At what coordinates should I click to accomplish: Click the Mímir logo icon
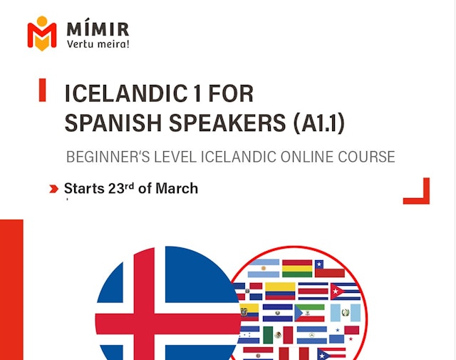[x=41, y=33]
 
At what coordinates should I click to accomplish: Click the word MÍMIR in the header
[x=98, y=30]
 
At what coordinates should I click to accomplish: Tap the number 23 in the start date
[x=114, y=189]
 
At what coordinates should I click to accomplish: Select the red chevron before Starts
[x=53, y=189]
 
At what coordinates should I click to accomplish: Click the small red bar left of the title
[x=43, y=90]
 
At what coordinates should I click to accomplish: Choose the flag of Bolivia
[x=296, y=269]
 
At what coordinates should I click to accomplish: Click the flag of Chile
[x=330, y=269]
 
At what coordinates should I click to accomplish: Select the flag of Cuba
[x=346, y=292]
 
